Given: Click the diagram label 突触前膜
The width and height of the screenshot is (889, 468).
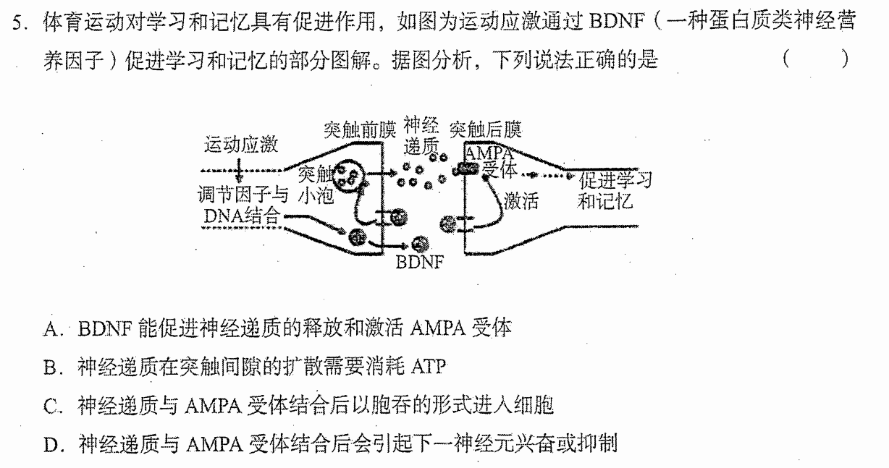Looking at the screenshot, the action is click(x=360, y=129).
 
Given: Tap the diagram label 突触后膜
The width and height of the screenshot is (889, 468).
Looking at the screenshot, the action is click(x=485, y=129).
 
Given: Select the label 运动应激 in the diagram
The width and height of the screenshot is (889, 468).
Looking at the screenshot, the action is click(x=241, y=145).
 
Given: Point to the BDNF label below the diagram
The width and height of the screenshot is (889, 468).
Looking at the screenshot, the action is click(x=419, y=262).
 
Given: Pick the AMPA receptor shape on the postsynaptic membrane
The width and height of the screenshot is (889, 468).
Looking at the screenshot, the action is click(x=466, y=169).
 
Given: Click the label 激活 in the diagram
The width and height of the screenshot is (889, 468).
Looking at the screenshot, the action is click(x=521, y=200).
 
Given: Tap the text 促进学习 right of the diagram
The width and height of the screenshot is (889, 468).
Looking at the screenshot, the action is click(x=615, y=180).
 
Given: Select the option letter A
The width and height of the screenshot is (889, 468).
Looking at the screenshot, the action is click(x=51, y=329).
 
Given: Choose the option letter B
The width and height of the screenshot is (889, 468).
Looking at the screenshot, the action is click(x=51, y=367).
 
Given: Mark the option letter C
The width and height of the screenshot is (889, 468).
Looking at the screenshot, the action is click(x=51, y=406).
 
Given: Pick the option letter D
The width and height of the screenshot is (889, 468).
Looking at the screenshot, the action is click(x=51, y=445).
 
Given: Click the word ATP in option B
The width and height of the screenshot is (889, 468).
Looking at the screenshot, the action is click(x=429, y=367).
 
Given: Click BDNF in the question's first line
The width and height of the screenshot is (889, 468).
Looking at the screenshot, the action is click(x=616, y=21).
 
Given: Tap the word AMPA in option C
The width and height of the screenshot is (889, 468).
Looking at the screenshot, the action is click(x=213, y=406).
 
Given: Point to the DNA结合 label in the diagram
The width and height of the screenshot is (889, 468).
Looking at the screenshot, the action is click(x=242, y=216).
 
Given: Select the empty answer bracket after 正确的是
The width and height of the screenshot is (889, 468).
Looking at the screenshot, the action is click(x=816, y=59).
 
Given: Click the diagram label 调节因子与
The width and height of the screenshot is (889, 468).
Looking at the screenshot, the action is click(x=243, y=195).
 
